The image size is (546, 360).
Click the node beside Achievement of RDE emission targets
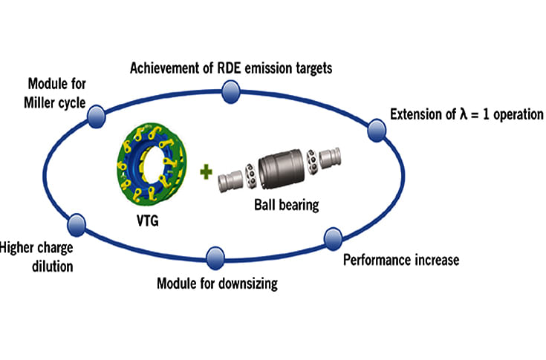coord(230,92)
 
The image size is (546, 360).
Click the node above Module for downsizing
coord(214,258)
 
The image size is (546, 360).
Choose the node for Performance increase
coord(331,239)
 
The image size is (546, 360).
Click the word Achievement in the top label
coord(162,68)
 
